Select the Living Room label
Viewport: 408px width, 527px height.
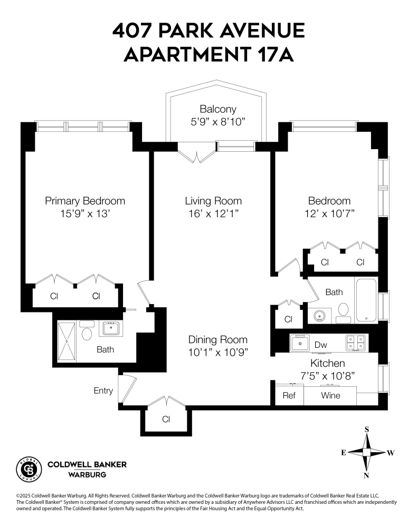tap(213, 201)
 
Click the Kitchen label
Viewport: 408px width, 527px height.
tap(327, 363)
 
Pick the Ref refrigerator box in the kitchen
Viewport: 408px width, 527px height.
tap(289, 396)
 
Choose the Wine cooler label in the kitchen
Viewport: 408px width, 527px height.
tap(331, 396)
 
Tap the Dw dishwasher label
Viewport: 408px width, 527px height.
tap(321, 344)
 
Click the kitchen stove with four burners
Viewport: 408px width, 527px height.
tap(356, 343)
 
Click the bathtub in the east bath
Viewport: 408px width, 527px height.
tap(366, 300)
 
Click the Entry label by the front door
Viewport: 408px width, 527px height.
tap(103, 391)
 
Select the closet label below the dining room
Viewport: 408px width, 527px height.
tap(166, 419)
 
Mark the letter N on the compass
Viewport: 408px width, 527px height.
tap(366, 475)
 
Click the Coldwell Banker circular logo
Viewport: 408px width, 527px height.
tap(30, 468)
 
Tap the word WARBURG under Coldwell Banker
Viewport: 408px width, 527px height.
tap(88, 475)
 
